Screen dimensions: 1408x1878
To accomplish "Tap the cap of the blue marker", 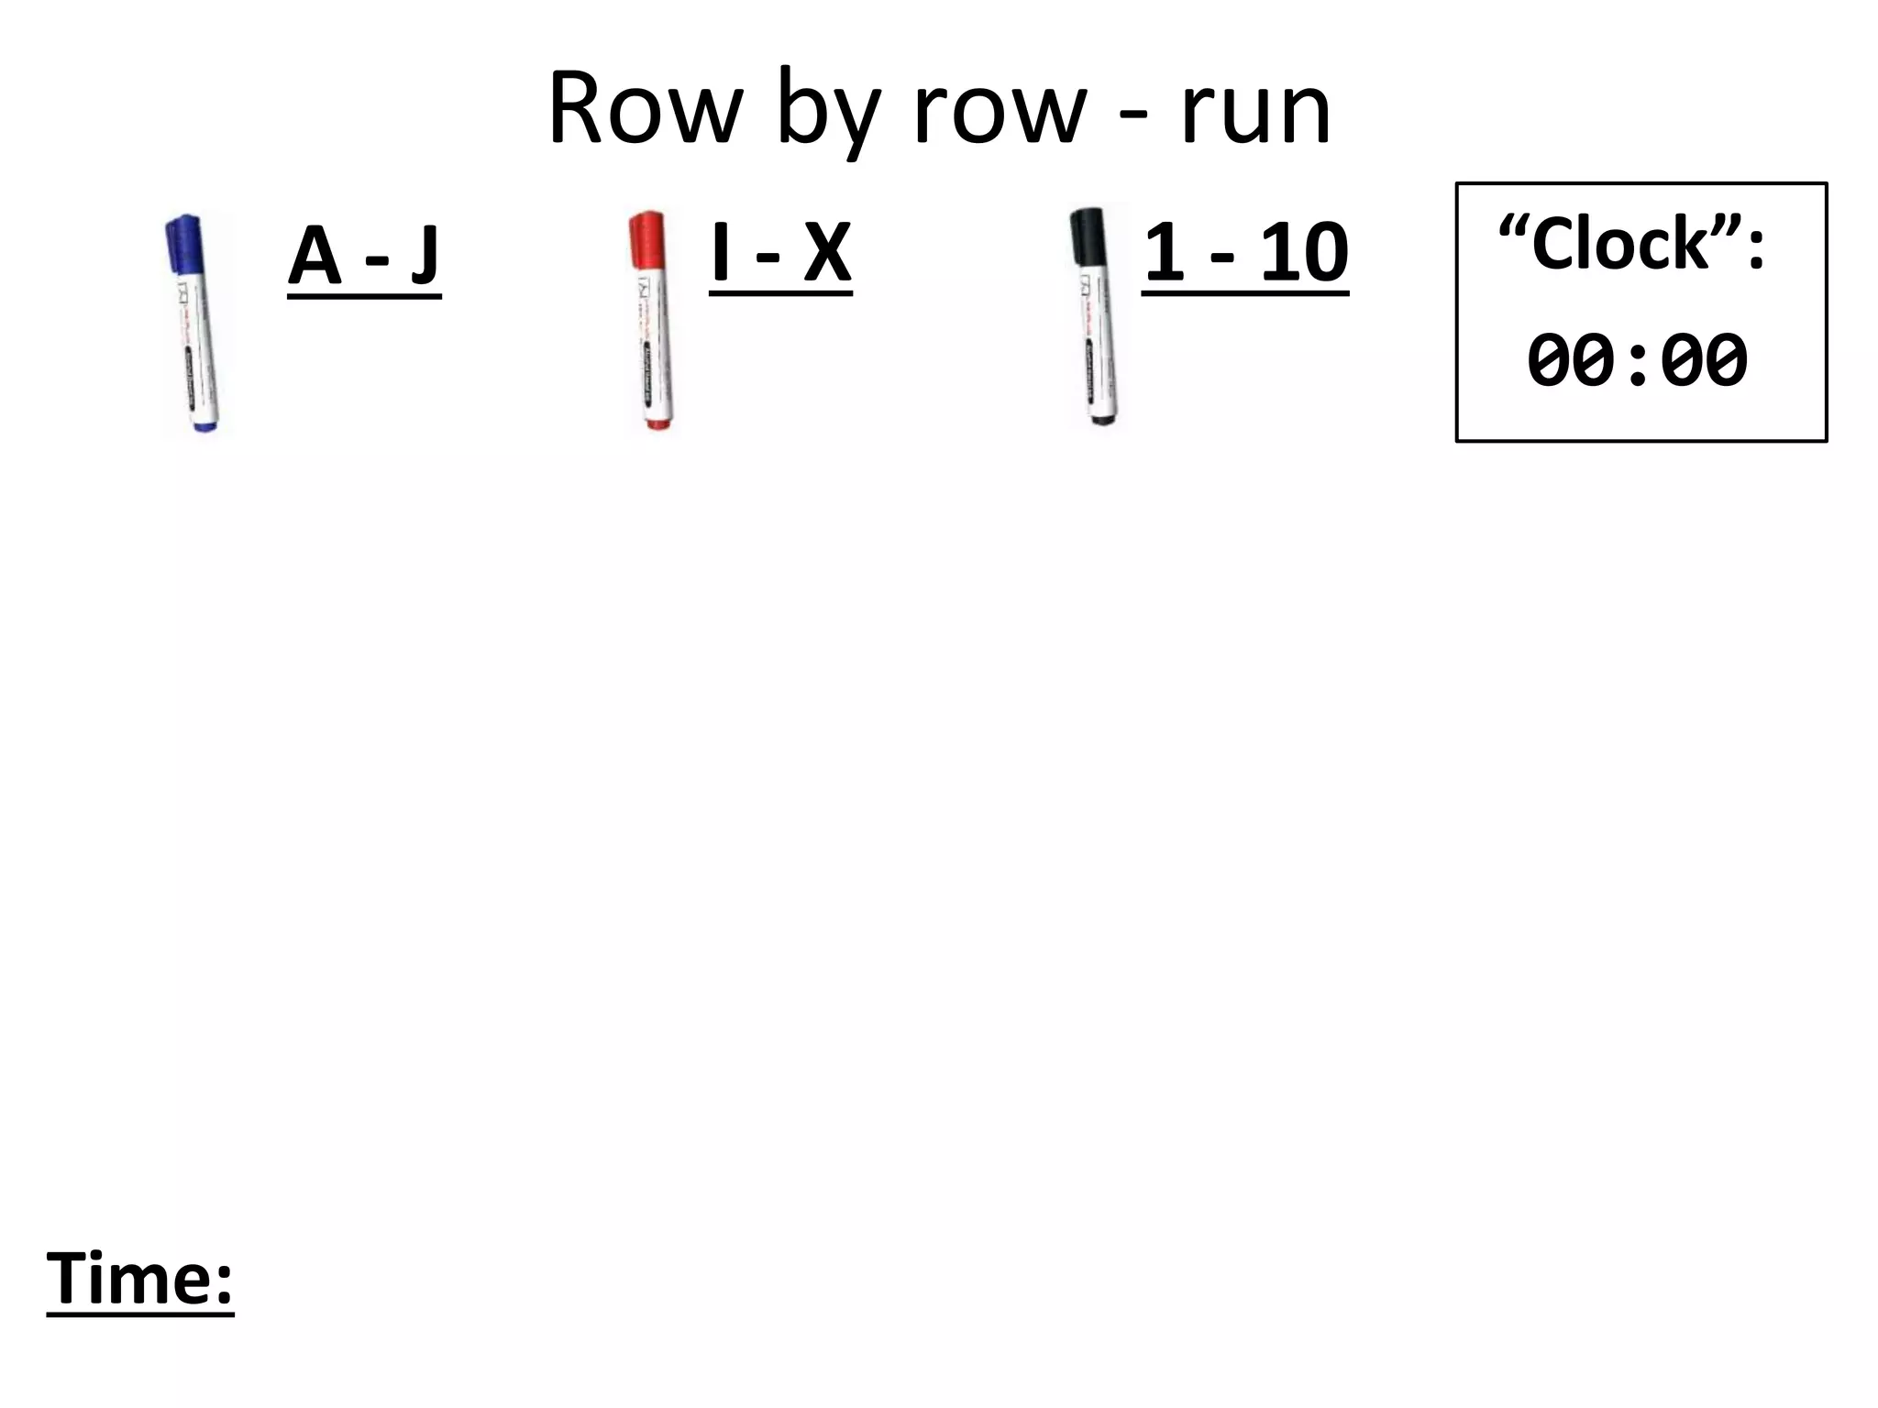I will point(184,243).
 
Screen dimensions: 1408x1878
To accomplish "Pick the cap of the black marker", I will point(1088,236).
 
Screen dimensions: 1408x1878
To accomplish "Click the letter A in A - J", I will point(315,256).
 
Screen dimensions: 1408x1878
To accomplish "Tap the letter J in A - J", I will point(425,256).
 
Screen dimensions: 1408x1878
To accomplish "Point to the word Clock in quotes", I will point(1621,244).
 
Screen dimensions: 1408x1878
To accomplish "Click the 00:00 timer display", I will point(1638,360).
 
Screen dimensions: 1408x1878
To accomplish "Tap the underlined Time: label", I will point(140,1278).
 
